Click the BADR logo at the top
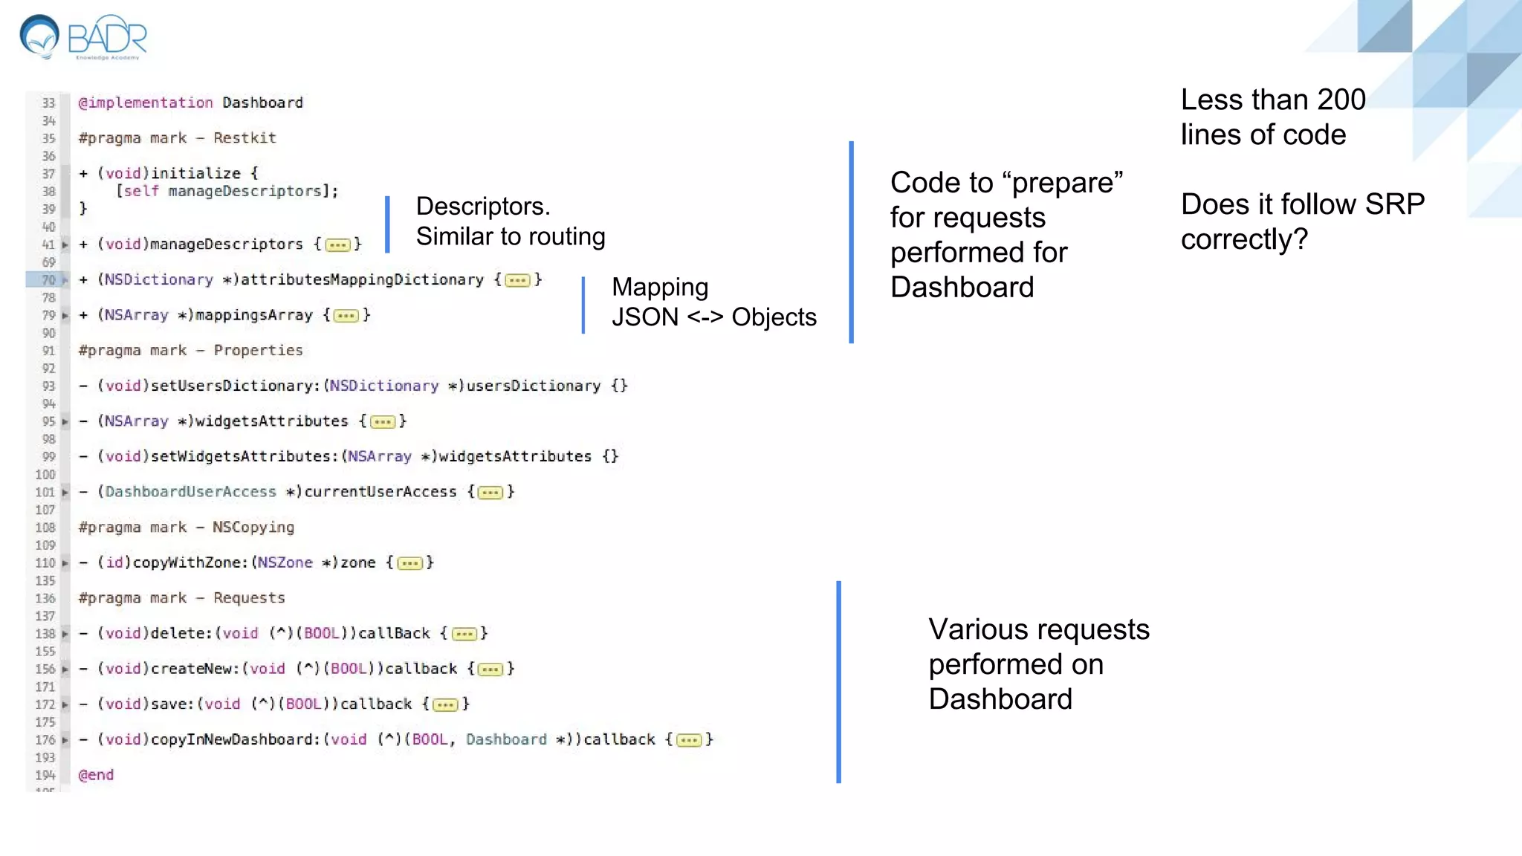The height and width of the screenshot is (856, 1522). [x=84, y=36]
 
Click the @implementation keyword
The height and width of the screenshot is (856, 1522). [x=146, y=103]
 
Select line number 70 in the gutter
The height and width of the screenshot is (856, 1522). [x=48, y=280]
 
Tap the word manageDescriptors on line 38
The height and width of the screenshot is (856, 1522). [x=245, y=191]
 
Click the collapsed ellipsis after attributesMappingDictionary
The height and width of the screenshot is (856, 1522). [x=517, y=280]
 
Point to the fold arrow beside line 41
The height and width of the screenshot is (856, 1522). [x=65, y=244]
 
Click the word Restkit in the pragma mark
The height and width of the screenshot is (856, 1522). [x=245, y=137]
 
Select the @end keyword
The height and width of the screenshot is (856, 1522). [x=96, y=775]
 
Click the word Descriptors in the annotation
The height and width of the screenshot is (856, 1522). [x=482, y=206]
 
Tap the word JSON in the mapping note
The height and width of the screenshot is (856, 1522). [x=644, y=317]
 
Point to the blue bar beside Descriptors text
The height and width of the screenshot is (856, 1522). [x=387, y=224]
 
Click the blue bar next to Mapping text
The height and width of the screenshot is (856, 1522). [x=583, y=305]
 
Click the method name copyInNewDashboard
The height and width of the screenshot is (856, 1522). [x=234, y=739]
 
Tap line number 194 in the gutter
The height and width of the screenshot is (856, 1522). [x=45, y=775]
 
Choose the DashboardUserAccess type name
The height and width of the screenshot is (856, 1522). [x=190, y=492]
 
